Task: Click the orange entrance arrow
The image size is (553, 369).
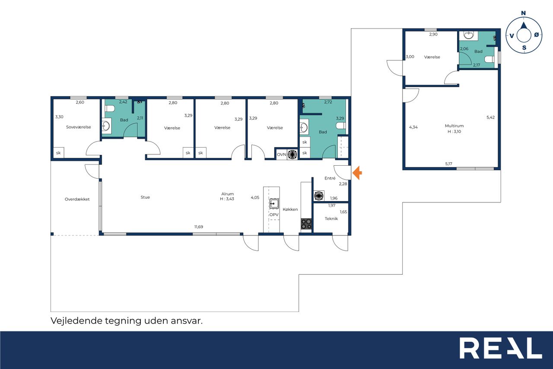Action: (357, 173)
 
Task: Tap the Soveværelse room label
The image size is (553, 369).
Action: (79, 127)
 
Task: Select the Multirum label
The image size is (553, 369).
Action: (454, 126)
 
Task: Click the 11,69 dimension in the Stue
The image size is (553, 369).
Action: (199, 227)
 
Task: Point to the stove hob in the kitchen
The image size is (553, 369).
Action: (306, 224)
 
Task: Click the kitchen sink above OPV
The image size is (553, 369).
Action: (274, 203)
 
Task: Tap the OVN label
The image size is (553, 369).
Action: (281, 154)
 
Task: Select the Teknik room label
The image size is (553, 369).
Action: (331, 218)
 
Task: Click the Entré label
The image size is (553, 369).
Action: (330, 178)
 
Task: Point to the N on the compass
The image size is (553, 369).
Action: (523, 13)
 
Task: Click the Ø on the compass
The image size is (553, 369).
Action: (537, 35)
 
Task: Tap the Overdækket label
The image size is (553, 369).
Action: (77, 199)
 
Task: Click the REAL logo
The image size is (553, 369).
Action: (501, 348)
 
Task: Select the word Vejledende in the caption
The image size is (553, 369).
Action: (76, 321)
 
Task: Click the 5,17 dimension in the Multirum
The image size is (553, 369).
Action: (448, 164)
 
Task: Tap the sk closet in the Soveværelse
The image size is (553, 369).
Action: (58, 153)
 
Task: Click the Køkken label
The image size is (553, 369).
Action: (290, 209)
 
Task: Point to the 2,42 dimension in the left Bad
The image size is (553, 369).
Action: (123, 102)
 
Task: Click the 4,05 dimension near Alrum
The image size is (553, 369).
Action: (255, 197)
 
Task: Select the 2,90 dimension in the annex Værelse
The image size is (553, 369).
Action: (433, 34)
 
